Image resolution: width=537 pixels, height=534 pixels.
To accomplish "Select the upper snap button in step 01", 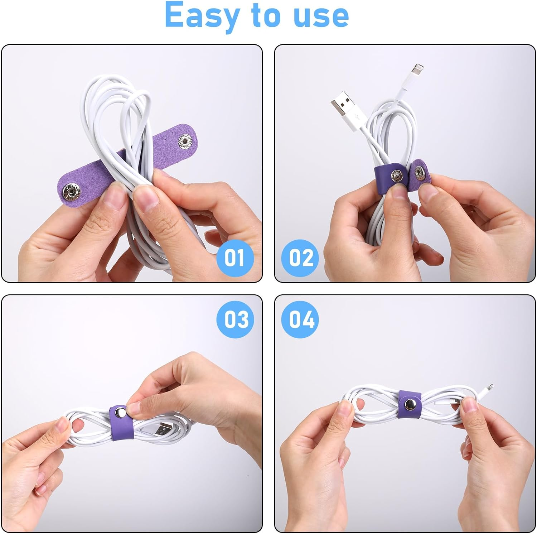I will (x=185, y=140).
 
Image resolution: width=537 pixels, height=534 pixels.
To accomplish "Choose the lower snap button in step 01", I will (x=71, y=191).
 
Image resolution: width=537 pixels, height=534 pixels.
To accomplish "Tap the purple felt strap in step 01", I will (x=89, y=175).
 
